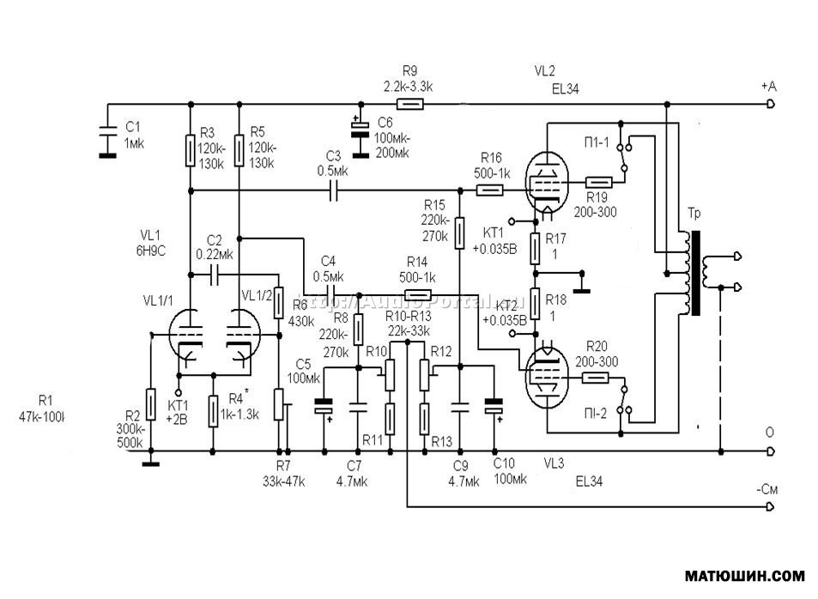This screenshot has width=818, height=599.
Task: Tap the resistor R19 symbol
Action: point(599,183)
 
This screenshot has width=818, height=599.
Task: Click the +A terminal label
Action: point(768,87)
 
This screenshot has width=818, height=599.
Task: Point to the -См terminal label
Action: point(767,489)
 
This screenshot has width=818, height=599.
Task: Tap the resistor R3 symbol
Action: point(188,152)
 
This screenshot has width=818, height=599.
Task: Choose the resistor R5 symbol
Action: point(239,152)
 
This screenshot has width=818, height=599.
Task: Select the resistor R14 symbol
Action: point(417,294)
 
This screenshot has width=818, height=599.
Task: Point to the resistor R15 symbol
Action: point(459,232)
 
